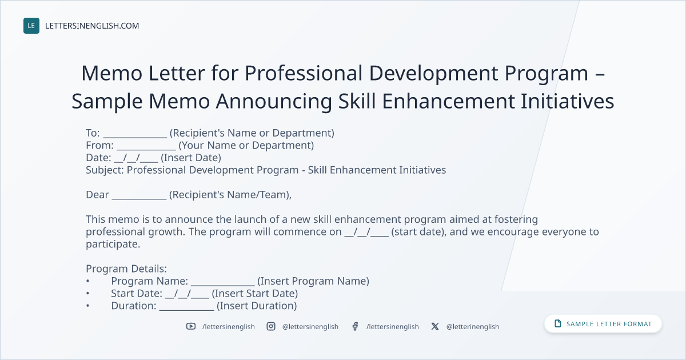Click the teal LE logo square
tap(31, 26)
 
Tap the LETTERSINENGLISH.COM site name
tap(92, 26)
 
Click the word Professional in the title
tap(304, 74)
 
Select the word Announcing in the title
tap(274, 102)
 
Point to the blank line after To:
tap(135, 137)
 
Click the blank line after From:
tap(146, 149)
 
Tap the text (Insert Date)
tap(191, 158)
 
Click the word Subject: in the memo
tap(105, 170)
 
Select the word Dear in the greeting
tap(97, 195)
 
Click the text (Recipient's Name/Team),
tap(230, 195)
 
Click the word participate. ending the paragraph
tap(113, 245)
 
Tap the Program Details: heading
tap(126, 269)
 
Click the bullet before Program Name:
tap(87, 281)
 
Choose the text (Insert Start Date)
tap(255, 294)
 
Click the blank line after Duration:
tap(186, 310)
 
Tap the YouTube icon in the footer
tap(191, 326)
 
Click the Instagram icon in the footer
tap(271, 326)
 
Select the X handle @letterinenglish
tap(473, 327)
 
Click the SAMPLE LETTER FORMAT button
tap(603, 324)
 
